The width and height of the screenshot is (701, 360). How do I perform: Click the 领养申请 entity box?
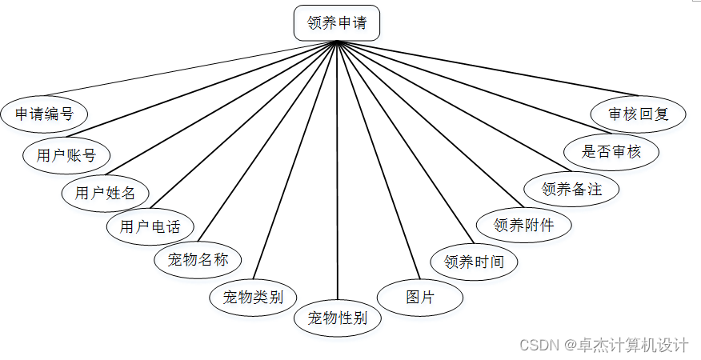(336, 23)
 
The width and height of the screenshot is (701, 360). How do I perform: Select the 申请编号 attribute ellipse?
(44, 114)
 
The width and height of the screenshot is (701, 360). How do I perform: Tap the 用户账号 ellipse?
(66, 154)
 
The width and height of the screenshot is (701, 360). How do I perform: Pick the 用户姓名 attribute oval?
(105, 193)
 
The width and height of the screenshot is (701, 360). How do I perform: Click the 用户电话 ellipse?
(150, 227)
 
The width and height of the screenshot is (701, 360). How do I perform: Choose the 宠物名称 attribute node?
(198, 260)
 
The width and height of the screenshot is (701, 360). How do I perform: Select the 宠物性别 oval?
(337, 318)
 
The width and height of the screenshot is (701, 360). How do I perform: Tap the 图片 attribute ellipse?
(420, 298)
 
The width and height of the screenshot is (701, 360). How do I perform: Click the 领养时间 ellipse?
(474, 262)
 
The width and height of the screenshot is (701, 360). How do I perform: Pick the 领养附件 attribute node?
(523, 225)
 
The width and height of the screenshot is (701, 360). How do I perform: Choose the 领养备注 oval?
(571, 189)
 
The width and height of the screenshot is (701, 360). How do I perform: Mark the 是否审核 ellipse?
(611, 151)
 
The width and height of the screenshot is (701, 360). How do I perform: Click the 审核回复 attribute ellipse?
(638, 114)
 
